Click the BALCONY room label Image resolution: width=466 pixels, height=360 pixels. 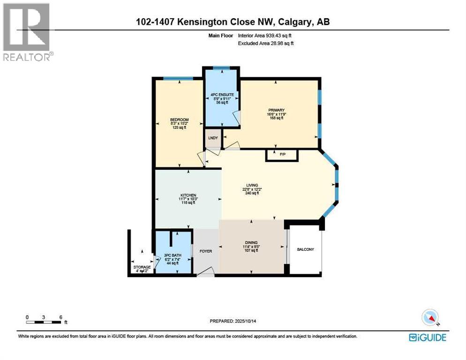[x=305, y=249]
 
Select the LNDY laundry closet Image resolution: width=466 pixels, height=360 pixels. [x=212, y=138]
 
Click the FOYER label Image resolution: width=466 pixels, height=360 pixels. [x=205, y=251]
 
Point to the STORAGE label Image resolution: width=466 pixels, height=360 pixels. [x=142, y=267]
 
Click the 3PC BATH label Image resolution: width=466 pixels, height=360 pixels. [x=173, y=255]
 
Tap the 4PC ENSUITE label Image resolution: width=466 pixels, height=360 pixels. [x=222, y=94]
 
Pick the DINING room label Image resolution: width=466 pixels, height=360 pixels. [x=251, y=242]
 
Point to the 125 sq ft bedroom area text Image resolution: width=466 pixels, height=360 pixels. [x=179, y=127]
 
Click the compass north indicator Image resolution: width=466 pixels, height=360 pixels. [x=430, y=317]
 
